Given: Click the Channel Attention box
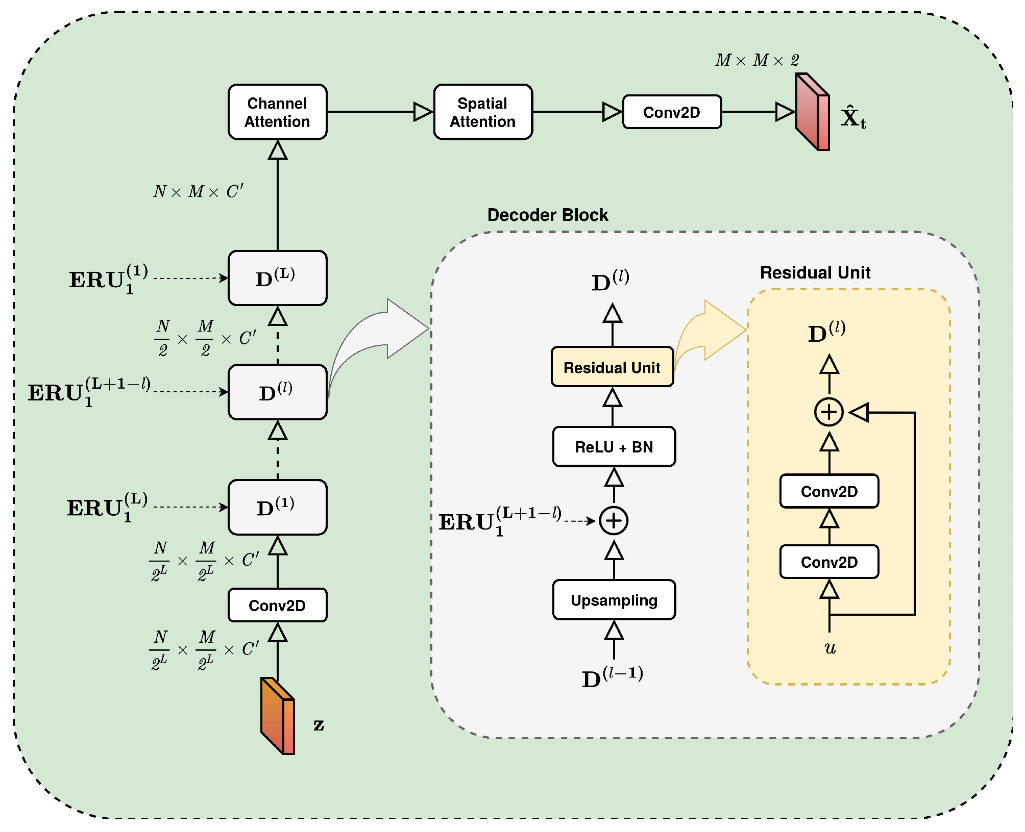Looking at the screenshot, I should point(277,112).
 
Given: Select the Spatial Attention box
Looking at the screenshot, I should point(483,112).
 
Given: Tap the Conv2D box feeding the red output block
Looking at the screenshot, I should point(672,112).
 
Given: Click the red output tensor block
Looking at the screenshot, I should point(813,112).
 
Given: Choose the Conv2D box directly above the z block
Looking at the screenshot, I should point(277,606).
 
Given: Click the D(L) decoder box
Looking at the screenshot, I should point(277,279).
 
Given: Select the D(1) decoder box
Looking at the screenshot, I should point(277,508).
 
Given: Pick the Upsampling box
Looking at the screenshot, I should point(614,600).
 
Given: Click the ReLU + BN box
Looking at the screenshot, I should point(614,447).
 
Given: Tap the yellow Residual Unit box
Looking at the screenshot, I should point(612,367).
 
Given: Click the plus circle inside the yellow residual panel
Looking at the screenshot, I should point(829,412).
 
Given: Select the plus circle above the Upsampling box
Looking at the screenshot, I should point(614,521).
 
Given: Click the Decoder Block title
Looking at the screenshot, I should point(548,215).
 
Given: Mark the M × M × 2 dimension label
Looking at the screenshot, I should point(757,61).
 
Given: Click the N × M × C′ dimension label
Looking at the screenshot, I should point(199,192).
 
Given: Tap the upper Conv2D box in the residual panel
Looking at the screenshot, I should point(829,492).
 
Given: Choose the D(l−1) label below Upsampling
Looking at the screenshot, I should point(612,677).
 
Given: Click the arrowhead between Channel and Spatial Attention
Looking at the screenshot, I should point(423,112).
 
